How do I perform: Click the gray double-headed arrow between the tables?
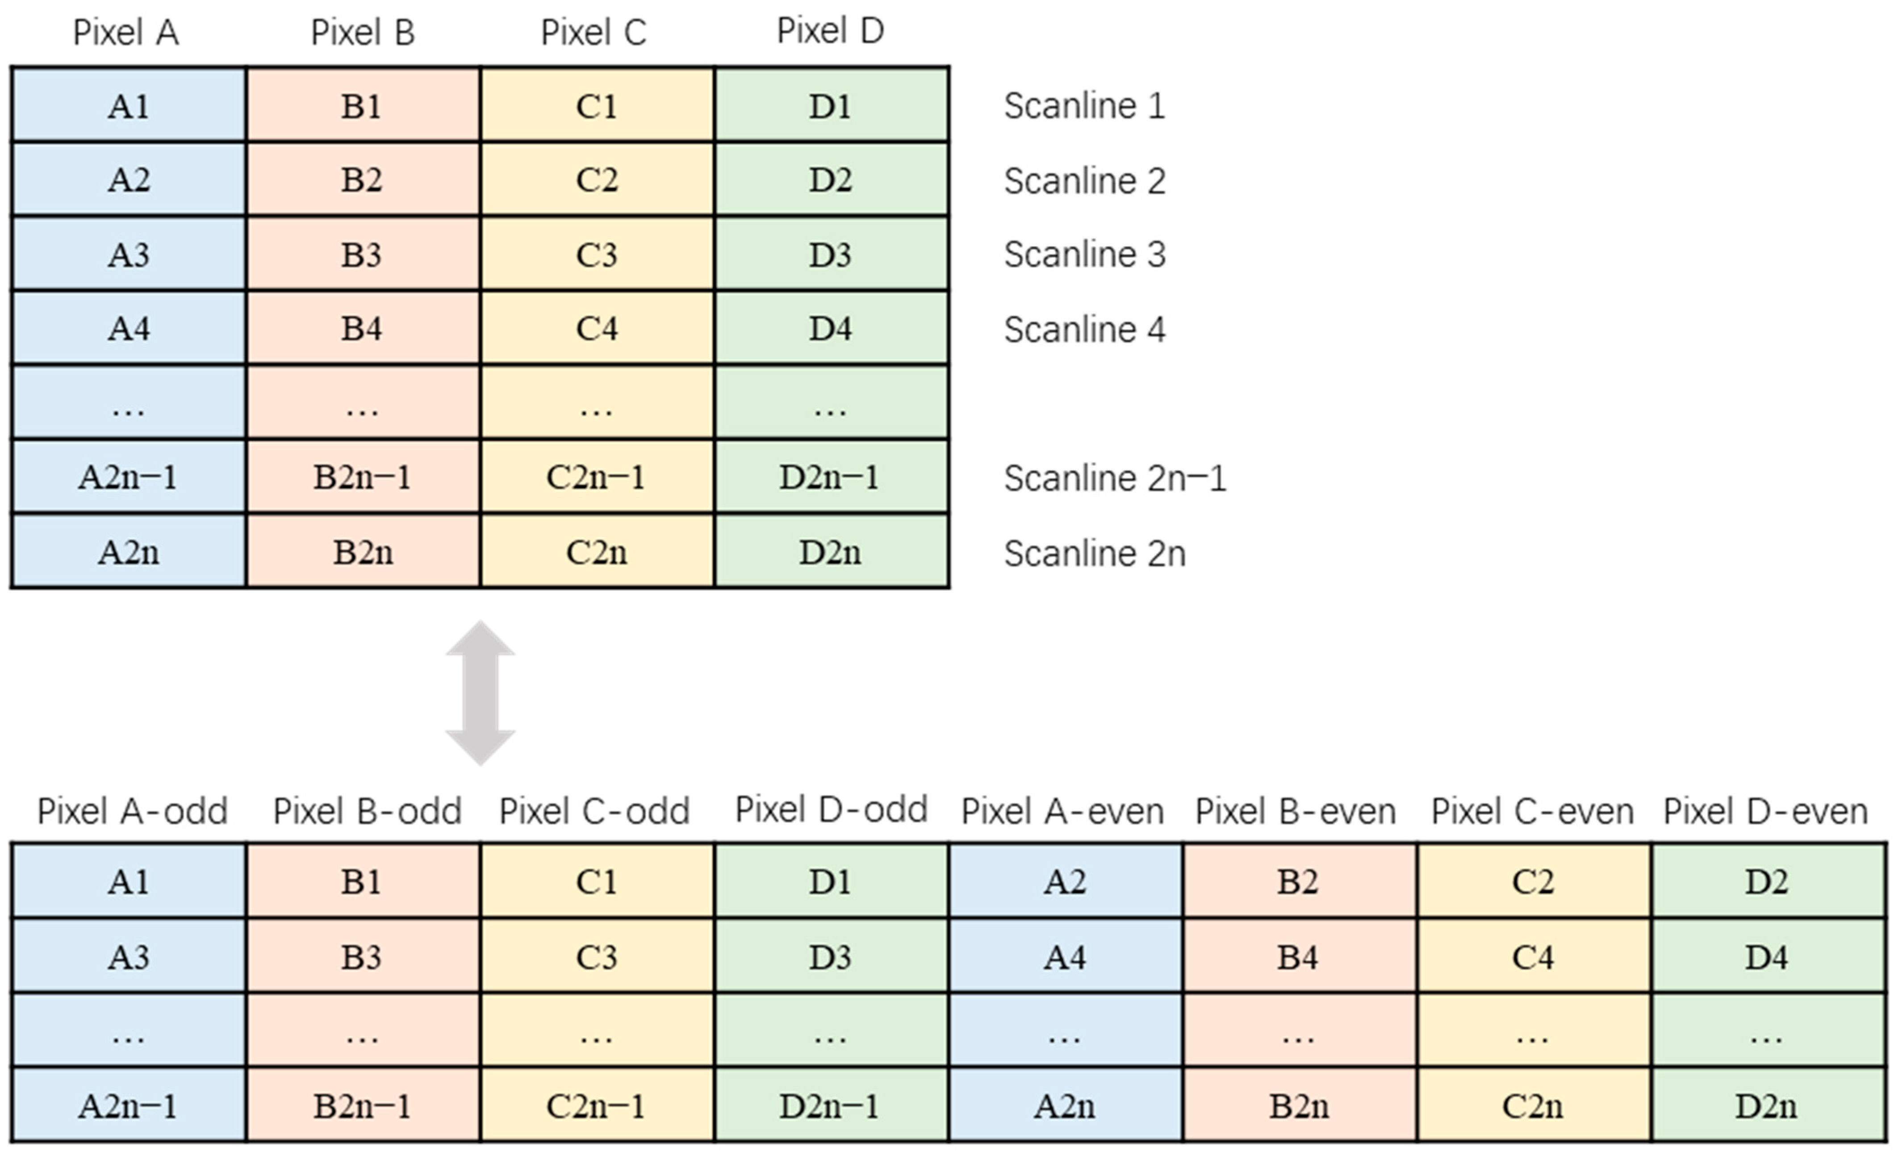tap(480, 693)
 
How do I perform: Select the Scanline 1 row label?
tap(1084, 106)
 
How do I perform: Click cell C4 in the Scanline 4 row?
tap(597, 329)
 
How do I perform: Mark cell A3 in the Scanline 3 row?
tap(128, 255)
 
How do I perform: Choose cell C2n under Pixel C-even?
tap(1532, 1106)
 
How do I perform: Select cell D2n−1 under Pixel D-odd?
tap(830, 1106)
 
